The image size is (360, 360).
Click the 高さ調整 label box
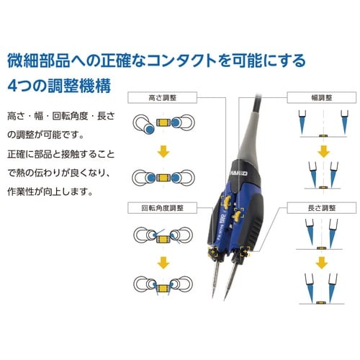[162, 98]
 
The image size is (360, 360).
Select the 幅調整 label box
[322, 98]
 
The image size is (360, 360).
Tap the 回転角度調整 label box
[162, 208]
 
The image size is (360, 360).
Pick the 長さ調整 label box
[322, 208]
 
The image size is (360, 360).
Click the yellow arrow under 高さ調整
[163, 152]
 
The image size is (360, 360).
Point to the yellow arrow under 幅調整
[323, 152]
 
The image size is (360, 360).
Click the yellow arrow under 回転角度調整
[163, 263]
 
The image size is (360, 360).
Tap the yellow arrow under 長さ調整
[322, 263]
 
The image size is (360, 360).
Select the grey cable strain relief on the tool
[249, 137]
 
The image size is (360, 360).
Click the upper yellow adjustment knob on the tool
[226, 201]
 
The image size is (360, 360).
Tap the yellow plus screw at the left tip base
[213, 253]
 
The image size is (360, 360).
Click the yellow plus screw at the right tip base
[245, 251]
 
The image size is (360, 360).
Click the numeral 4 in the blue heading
[12, 86]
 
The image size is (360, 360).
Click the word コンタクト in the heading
[182, 60]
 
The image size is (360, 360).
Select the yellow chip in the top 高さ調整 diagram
[163, 122]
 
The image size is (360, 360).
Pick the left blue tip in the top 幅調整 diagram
[302, 122]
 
